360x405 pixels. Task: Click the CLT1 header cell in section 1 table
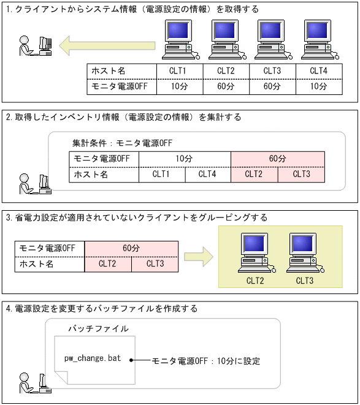coord(180,71)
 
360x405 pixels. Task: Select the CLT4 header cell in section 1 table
coord(318,71)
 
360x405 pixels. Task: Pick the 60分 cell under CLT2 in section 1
coord(226,86)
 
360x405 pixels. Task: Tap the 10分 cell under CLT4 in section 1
coord(318,86)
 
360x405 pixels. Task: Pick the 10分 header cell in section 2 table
coord(185,159)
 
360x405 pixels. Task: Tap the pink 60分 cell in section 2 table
coord(277,159)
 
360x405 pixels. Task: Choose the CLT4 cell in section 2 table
coord(208,175)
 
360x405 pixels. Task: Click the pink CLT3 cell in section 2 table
coord(301,175)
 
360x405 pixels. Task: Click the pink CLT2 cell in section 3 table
coord(108,264)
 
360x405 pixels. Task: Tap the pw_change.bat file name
coord(93,358)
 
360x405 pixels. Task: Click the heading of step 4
coord(101,309)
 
